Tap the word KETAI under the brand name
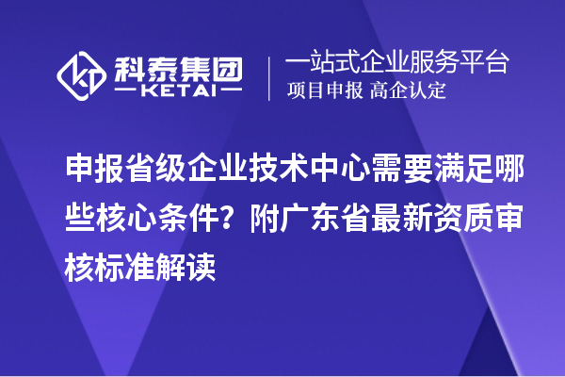pos(179,91)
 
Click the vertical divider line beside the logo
pos(270,77)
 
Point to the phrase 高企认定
pos(408,91)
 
